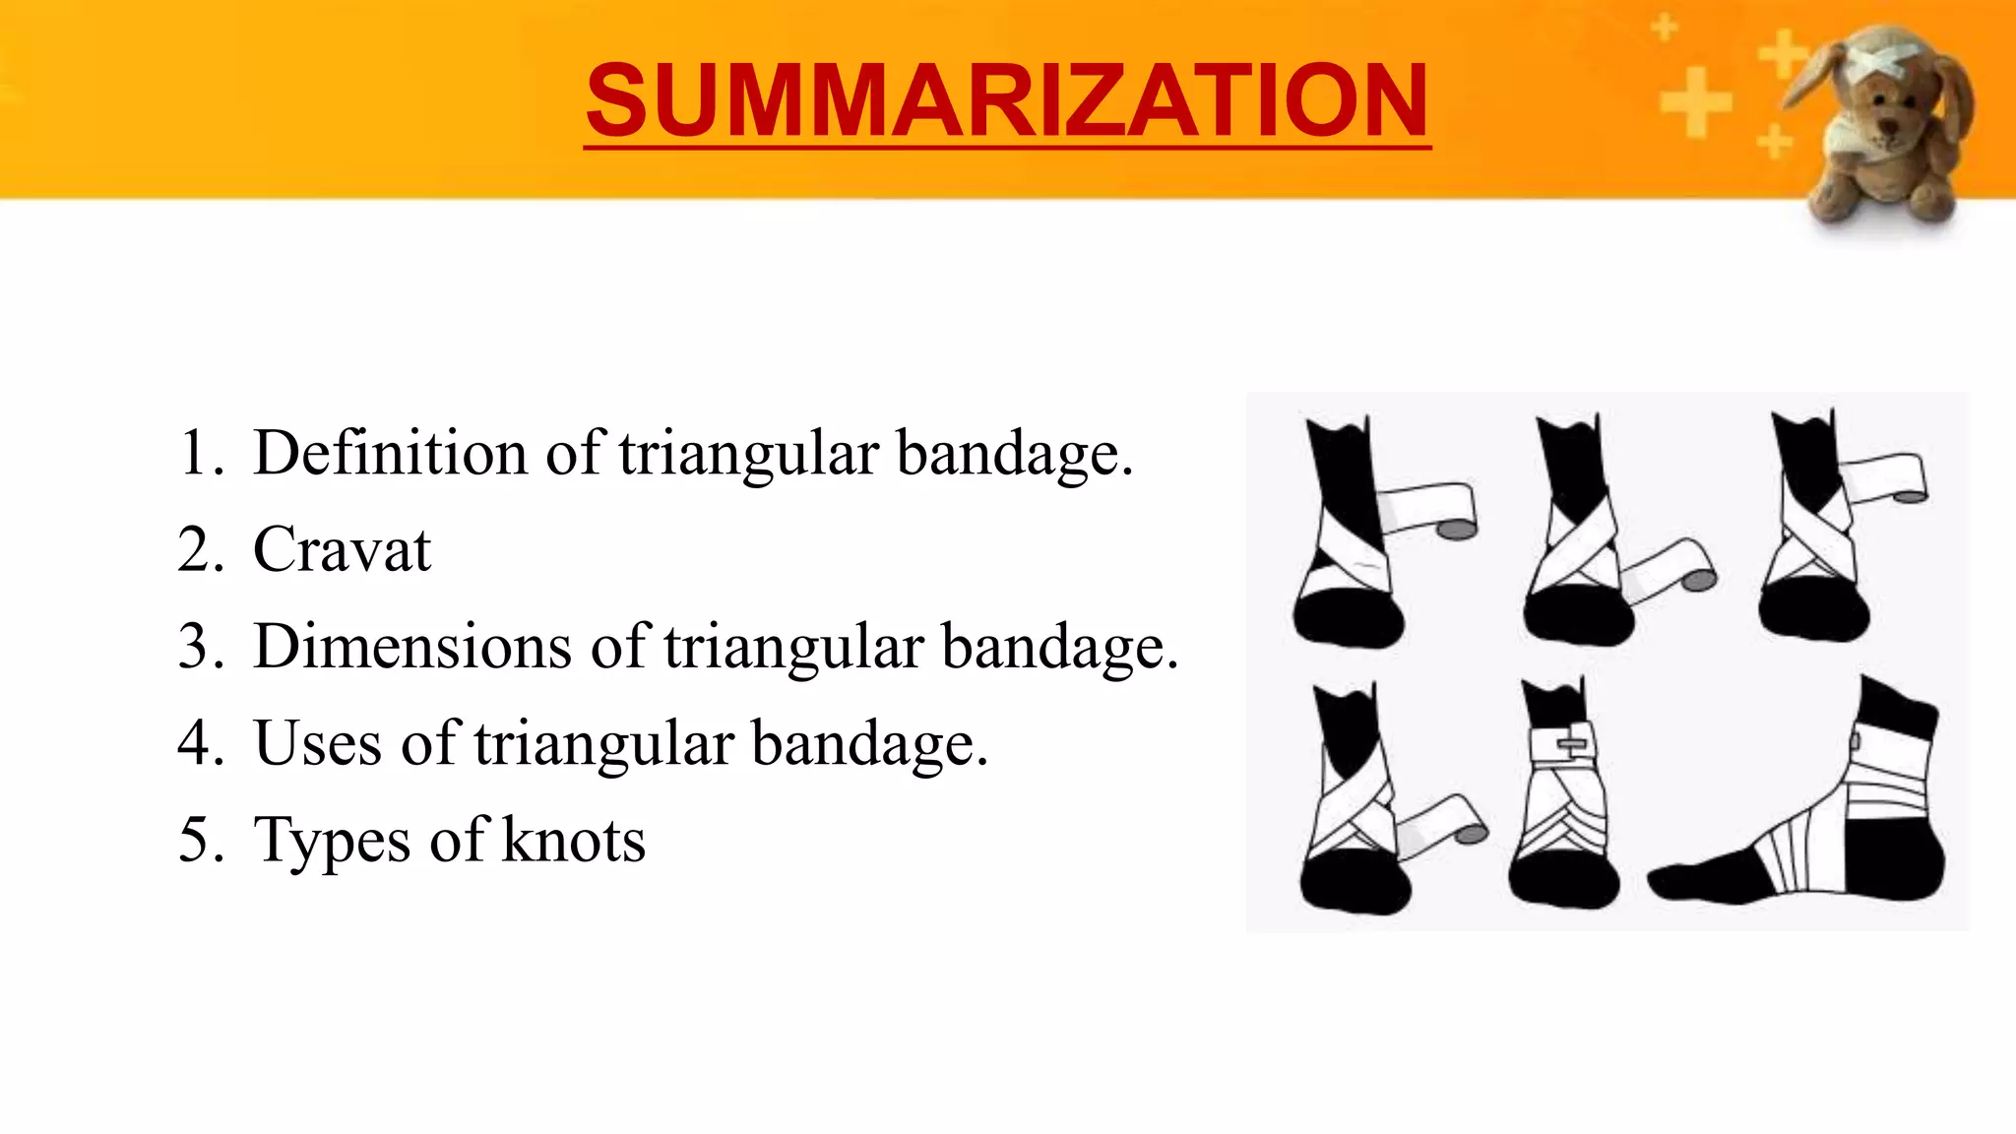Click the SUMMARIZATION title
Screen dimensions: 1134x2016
(1006, 100)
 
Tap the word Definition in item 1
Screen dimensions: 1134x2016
(390, 454)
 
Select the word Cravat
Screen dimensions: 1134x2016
(342, 549)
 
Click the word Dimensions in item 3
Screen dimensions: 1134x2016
(412, 647)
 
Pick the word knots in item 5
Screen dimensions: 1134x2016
(574, 840)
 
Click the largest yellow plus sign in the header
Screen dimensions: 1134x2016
(1695, 101)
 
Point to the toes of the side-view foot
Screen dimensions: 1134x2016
(1673, 879)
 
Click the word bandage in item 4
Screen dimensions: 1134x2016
(869, 743)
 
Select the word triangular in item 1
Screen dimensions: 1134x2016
(748, 454)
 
